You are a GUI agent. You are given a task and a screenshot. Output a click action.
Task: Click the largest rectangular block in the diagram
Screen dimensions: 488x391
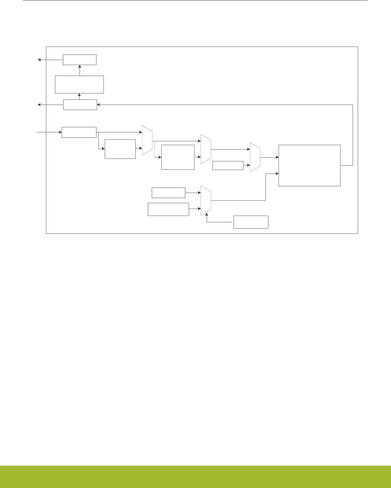tap(309, 165)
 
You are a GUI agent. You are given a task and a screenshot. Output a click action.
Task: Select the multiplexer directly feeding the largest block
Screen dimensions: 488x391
tap(255, 157)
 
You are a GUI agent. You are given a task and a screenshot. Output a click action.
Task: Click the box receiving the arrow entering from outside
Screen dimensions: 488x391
tap(79, 132)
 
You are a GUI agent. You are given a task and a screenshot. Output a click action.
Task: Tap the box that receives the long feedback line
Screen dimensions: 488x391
tap(80, 105)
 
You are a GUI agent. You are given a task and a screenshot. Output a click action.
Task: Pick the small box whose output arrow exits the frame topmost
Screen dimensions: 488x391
tap(80, 60)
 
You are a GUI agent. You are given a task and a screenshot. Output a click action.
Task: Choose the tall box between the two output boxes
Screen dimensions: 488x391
tap(79, 85)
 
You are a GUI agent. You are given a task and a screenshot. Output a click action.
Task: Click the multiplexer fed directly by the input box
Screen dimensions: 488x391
tap(147, 140)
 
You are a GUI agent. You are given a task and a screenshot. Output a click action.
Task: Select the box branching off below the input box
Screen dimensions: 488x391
tap(120, 149)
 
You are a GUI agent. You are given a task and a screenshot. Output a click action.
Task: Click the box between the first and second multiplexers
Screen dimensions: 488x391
tap(178, 157)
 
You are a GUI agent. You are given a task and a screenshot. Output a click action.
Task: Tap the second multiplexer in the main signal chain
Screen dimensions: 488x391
tap(206, 149)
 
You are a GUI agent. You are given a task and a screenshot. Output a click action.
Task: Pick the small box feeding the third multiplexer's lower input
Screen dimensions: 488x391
tap(228, 166)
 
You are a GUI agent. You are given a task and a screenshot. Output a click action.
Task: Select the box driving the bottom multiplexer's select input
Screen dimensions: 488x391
tap(251, 222)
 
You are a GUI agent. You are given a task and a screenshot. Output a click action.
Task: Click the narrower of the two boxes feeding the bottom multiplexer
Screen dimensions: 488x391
tap(168, 193)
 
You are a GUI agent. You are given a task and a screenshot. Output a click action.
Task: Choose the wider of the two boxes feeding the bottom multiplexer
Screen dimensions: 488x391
tap(168, 209)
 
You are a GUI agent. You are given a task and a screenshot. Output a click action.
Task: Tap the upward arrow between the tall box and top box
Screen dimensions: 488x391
tap(80, 70)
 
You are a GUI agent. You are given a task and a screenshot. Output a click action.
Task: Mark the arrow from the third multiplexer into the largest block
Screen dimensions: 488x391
tap(270, 157)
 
